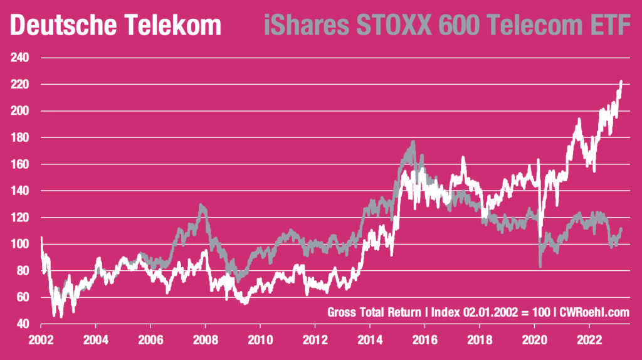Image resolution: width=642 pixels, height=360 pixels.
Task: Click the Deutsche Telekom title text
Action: click(x=116, y=26)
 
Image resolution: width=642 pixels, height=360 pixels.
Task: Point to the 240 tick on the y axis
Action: click(x=21, y=58)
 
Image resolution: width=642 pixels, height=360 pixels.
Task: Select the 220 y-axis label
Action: click(x=21, y=84)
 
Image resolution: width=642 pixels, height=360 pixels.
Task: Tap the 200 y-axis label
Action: click(x=21, y=111)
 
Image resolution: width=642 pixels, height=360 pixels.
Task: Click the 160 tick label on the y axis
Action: click(x=21, y=164)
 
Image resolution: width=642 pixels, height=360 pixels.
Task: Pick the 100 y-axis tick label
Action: click(x=21, y=244)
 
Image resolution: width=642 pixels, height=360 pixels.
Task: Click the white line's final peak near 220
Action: click(x=621, y=82)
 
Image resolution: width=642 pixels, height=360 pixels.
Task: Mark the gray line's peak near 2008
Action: click(x=201, y=205)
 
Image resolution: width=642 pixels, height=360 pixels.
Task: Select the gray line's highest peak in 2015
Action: click(x=413, y=143)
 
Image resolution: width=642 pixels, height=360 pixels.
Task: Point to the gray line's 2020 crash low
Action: click(x=540, y=267)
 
